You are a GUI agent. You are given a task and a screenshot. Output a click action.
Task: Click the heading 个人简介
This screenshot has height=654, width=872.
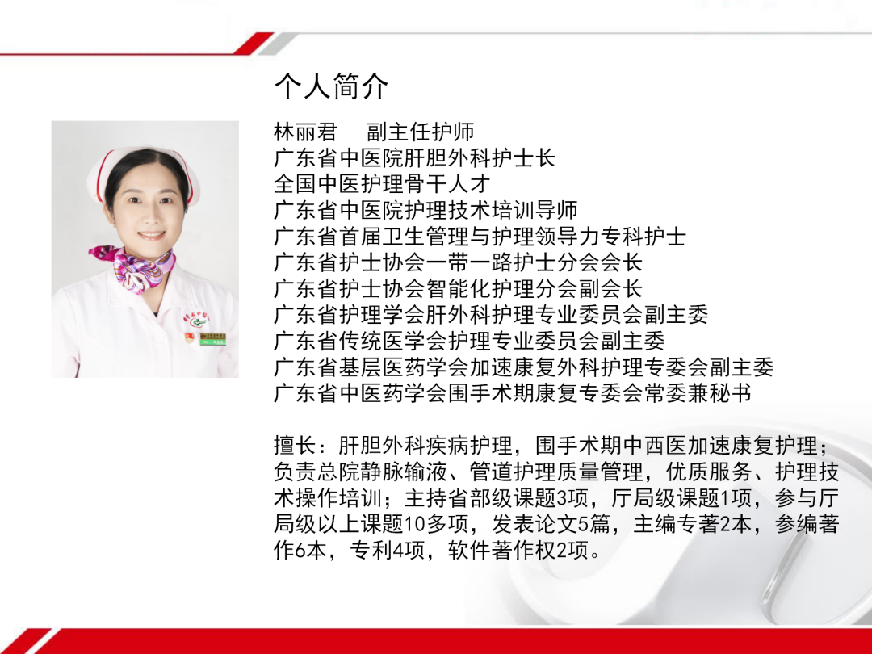(331, 86)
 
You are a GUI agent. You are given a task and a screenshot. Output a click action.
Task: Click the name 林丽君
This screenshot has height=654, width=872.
(305, 132)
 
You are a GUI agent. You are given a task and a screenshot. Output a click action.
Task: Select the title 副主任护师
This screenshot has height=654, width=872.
(420, 132)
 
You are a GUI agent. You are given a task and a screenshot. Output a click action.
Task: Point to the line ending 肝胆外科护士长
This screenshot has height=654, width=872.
(414, 157)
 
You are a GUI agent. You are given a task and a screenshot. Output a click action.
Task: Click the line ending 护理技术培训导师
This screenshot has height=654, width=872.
(426, 210)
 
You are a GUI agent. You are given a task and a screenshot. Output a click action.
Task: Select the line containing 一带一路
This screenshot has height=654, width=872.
(458, 262)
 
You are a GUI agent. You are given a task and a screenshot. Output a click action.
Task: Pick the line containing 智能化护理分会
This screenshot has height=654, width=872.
(458, 288)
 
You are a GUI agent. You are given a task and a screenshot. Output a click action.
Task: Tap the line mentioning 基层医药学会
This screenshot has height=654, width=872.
(523, 367)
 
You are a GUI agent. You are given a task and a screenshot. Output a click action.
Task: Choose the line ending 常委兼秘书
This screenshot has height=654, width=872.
(513, 393)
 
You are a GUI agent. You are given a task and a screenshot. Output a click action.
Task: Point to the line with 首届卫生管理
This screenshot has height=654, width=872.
(480, 237)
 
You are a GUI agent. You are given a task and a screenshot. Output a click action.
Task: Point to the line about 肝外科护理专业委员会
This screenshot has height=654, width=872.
(491, 315)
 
